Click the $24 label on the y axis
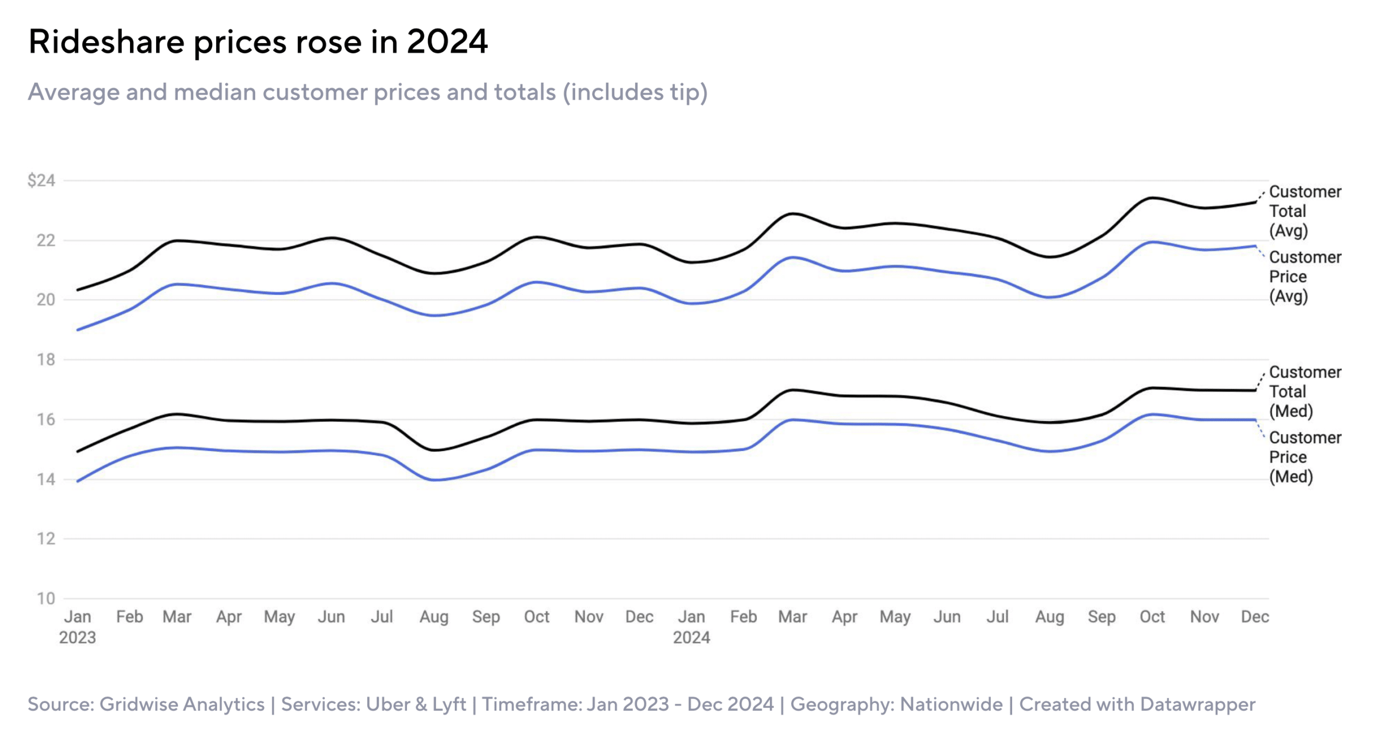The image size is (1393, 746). click(x=41, y=180)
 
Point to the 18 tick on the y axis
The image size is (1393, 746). click(x=46, y=359)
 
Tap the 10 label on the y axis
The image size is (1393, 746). click(x=46, y=598)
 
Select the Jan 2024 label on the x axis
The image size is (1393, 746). click(x=692, y=627)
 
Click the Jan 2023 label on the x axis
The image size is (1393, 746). click(x=77, y=627)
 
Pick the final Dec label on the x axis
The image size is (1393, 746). click(x=1255, y=617)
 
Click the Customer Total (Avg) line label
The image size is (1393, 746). click(x=1305, y=211)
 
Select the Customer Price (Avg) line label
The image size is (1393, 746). click(x=1305, y=277)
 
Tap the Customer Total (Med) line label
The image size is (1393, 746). click(x=1305, y=392)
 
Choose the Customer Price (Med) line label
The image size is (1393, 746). click(x=1305, y=457)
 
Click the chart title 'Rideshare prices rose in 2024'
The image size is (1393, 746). click(x=258, y=41)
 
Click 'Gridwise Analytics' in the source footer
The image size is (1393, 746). click(x=182, y=704)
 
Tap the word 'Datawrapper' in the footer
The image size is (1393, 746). click(x=1198, y=704)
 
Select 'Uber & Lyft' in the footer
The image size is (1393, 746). click(x=416, y=704)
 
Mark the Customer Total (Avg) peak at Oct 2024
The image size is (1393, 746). click(x=1152, y=198)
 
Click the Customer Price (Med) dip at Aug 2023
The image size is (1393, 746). click(x=435, y=480)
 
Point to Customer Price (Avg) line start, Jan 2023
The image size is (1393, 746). click(x=78, y=330)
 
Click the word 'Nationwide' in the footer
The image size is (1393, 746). click(x=951, y=704)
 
